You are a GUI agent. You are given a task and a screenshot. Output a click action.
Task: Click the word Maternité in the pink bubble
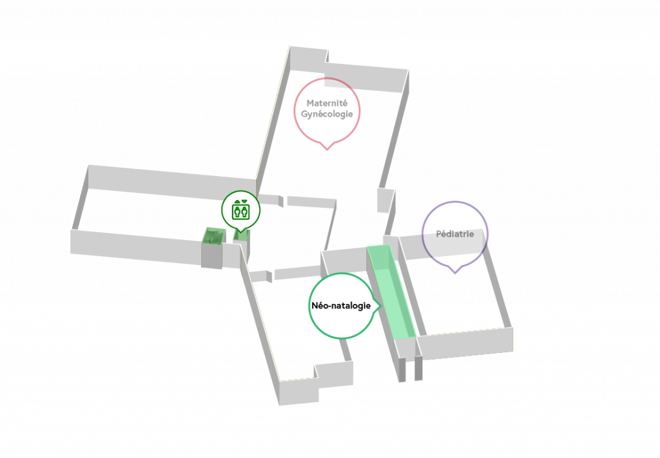(327, 103)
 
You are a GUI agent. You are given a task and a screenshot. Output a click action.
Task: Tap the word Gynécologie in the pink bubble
(327, 114)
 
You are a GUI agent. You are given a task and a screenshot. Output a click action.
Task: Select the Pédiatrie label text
(454, 234)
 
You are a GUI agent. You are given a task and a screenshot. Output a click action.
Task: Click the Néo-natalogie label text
(341, 306)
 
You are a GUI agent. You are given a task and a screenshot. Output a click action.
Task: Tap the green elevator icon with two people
(241, 212)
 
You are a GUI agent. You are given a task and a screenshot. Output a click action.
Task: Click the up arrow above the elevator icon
(237, 202)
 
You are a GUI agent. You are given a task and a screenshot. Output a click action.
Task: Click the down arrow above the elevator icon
(244, 202)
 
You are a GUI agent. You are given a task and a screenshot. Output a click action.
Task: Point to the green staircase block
(213, 236)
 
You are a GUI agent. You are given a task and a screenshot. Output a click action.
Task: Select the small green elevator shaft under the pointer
(241, 235)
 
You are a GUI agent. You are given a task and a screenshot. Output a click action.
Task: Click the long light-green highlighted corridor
(391, 292)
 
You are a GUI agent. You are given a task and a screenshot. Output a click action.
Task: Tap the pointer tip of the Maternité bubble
(327, 150)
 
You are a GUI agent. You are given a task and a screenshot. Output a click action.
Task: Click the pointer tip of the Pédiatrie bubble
(454, 273)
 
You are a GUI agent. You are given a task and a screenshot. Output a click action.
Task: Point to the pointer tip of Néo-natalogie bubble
(380, 306)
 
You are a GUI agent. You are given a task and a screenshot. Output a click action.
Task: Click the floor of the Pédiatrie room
(459, 295)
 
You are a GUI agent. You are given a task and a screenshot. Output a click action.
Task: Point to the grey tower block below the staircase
(211, 255)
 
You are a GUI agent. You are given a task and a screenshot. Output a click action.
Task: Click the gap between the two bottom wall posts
(410, 369)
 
